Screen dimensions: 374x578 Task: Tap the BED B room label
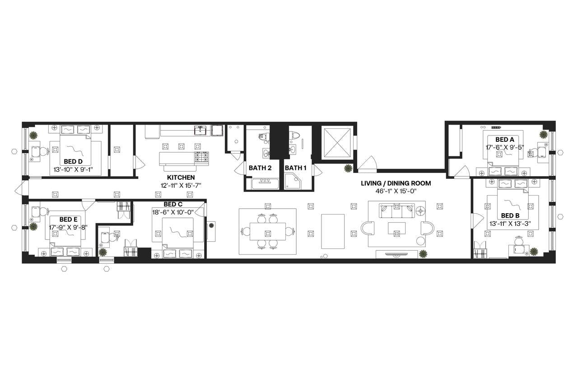[x=510, y=215]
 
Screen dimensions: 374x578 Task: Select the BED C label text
[x=172, y=205]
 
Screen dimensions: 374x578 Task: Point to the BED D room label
[x=73, y=161]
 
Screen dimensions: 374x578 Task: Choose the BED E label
[x=69, y=219]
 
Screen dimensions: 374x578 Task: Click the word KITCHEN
[x=181, y=178]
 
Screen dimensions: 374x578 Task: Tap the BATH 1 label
[x=295, y=168]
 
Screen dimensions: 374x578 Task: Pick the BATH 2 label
[x=260, y=168]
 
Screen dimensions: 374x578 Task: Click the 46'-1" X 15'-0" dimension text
[x=396, y=191]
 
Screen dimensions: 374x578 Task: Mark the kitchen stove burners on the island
[x=201, y=158]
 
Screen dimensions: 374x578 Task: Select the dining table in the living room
[x=267, y=231]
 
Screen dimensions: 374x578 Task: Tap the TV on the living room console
[x=397, y=254]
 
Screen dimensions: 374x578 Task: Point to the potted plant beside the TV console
[x=423, y=254]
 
